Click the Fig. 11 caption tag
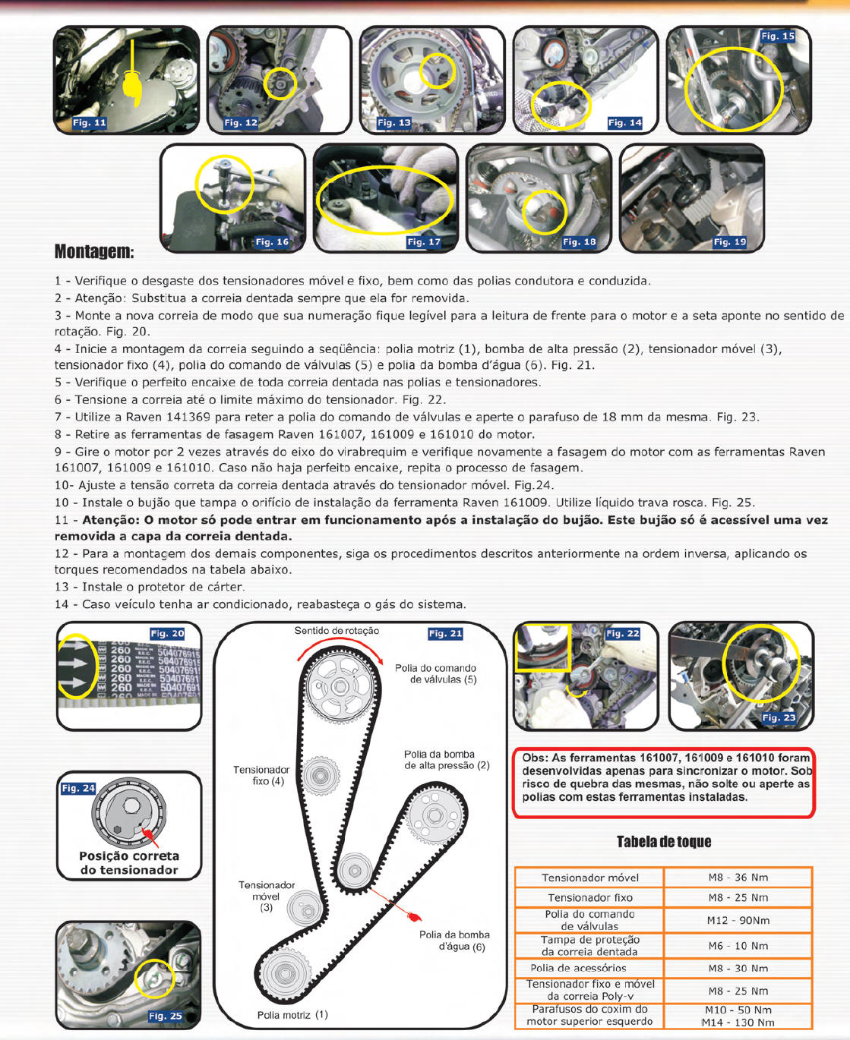[x=90, y=122]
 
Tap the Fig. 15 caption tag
[x=777, y=36]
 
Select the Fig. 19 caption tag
[x=729, y=241]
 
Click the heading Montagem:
[x=94, y=251]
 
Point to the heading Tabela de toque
[x=664, y=841]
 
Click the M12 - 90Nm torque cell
[x=738, y=920]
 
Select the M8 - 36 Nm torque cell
[x=738, y=878]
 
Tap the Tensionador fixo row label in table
[x=589, y=897]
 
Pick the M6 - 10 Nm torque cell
[x=738, y=946]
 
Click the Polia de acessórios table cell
[x=589, y=968]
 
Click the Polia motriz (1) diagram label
[x=292, y=1015]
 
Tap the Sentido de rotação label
[x=337, y=631]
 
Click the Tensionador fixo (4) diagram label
[x=261, y=775]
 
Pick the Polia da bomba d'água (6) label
[x=454, y=941]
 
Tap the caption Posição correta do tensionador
[x=129, y=863]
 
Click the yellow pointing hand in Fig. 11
[x=132, y=86]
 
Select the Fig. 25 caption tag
[x=166, y=1016]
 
